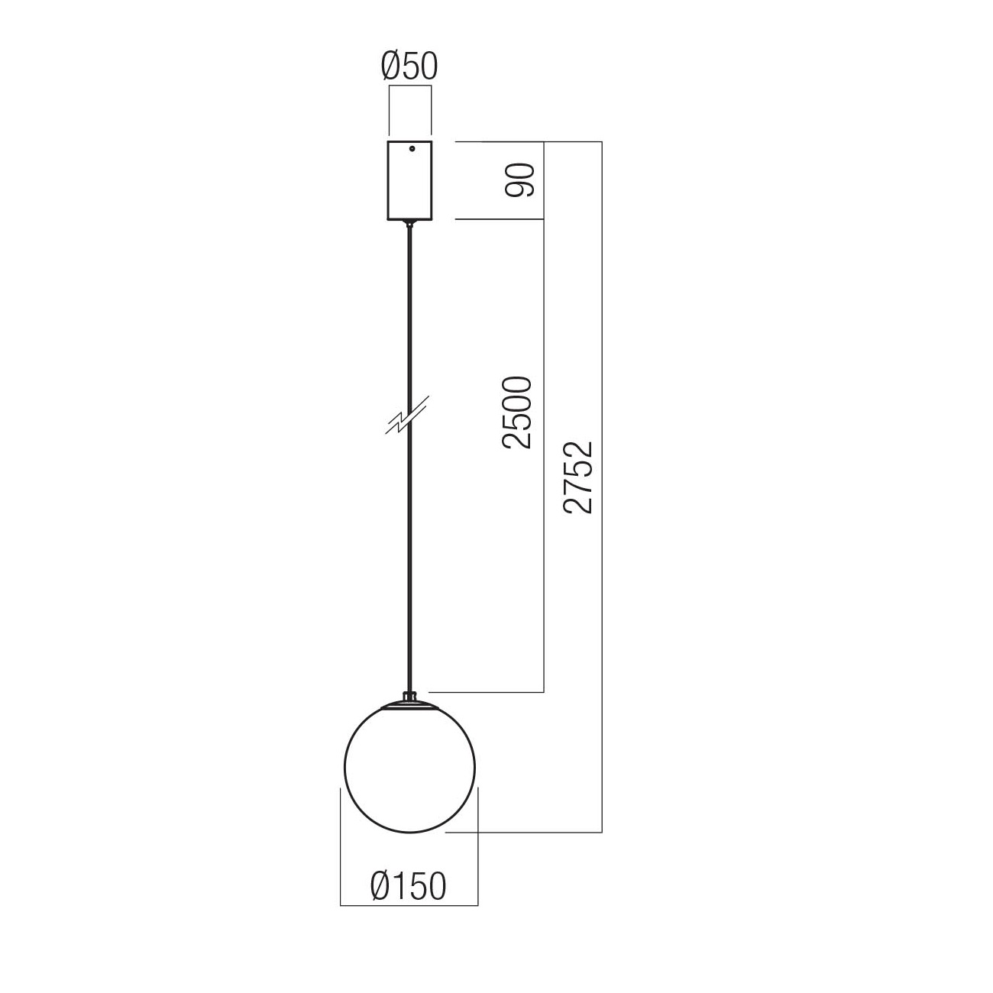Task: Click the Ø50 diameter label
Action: click(x=409, y=67)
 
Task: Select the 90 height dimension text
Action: click(x=520, y=180)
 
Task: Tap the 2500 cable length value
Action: click(x=516, y=412)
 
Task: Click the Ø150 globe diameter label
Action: click(x=408, y=886)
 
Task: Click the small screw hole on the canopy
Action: click(x=412, y=150)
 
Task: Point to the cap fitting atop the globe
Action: click(x=410, y=699)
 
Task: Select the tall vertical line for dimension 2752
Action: click(x=603, y=611)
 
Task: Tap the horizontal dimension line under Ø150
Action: click(x=409, y=905)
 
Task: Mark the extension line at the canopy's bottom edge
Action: click(x=496, y=219)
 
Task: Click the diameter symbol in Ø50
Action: click(x=392, y=67)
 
